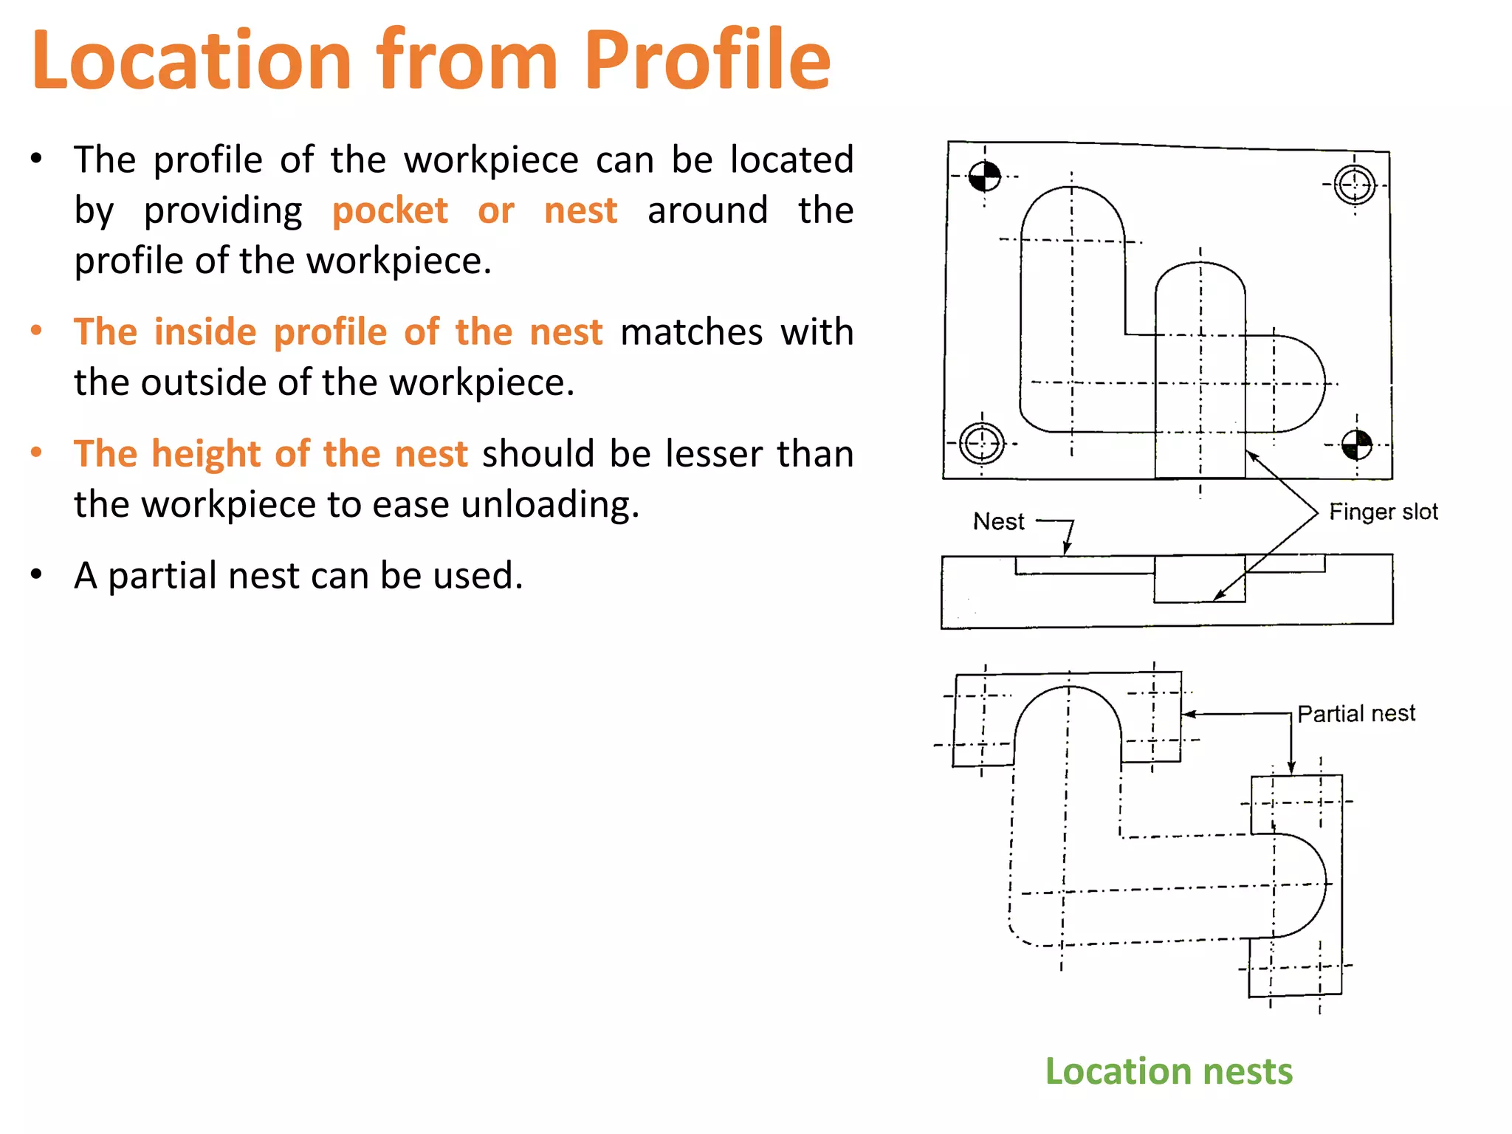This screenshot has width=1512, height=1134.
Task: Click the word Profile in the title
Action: (707, 61)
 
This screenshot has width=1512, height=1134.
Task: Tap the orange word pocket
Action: (390, 211)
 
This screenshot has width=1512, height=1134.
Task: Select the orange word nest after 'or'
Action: (580, 211)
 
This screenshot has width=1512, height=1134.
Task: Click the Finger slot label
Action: (1383, 512)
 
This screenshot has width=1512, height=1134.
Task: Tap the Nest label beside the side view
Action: (999, 522)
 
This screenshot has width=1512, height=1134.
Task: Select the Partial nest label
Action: (1356, 714)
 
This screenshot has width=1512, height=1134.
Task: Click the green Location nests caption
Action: (1169, 1071)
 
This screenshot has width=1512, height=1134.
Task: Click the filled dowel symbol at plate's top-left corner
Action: (984, 176)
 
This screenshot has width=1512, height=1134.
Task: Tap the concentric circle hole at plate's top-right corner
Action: (1355, 185)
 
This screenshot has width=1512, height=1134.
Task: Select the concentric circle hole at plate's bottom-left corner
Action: (982, 444)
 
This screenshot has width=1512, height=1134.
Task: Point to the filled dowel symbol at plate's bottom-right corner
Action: (1356, 445)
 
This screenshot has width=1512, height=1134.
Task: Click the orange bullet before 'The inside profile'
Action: (36, 331)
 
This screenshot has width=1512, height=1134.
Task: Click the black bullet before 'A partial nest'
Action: (36, 574)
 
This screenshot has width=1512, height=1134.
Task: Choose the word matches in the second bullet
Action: (691, 332)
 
